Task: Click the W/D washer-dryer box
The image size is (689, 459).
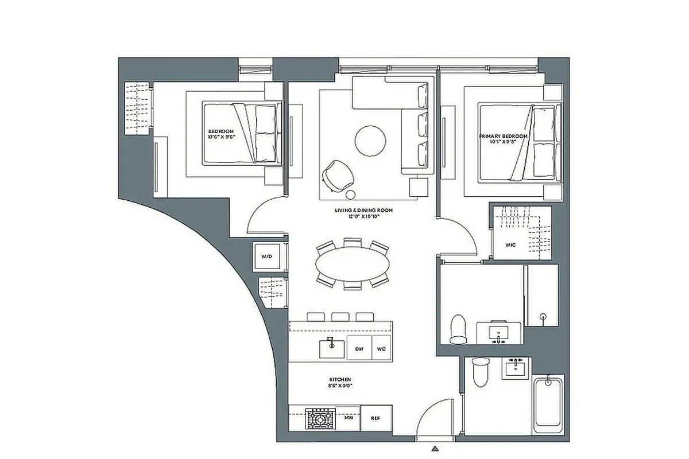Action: [266, 256]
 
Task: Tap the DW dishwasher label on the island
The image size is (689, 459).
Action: [359, 349]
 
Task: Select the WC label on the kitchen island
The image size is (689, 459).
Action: [381, 349]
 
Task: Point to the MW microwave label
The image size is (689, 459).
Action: [348, 418]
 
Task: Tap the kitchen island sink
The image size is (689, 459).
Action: [331, 348]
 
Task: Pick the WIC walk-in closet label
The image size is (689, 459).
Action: [510, 245]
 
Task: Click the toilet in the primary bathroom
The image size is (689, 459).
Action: [459, 328]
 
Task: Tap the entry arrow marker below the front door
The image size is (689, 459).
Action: [436, 448]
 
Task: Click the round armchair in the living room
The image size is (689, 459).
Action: [335, 173]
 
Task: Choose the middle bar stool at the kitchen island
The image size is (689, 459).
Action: [340, 317]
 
